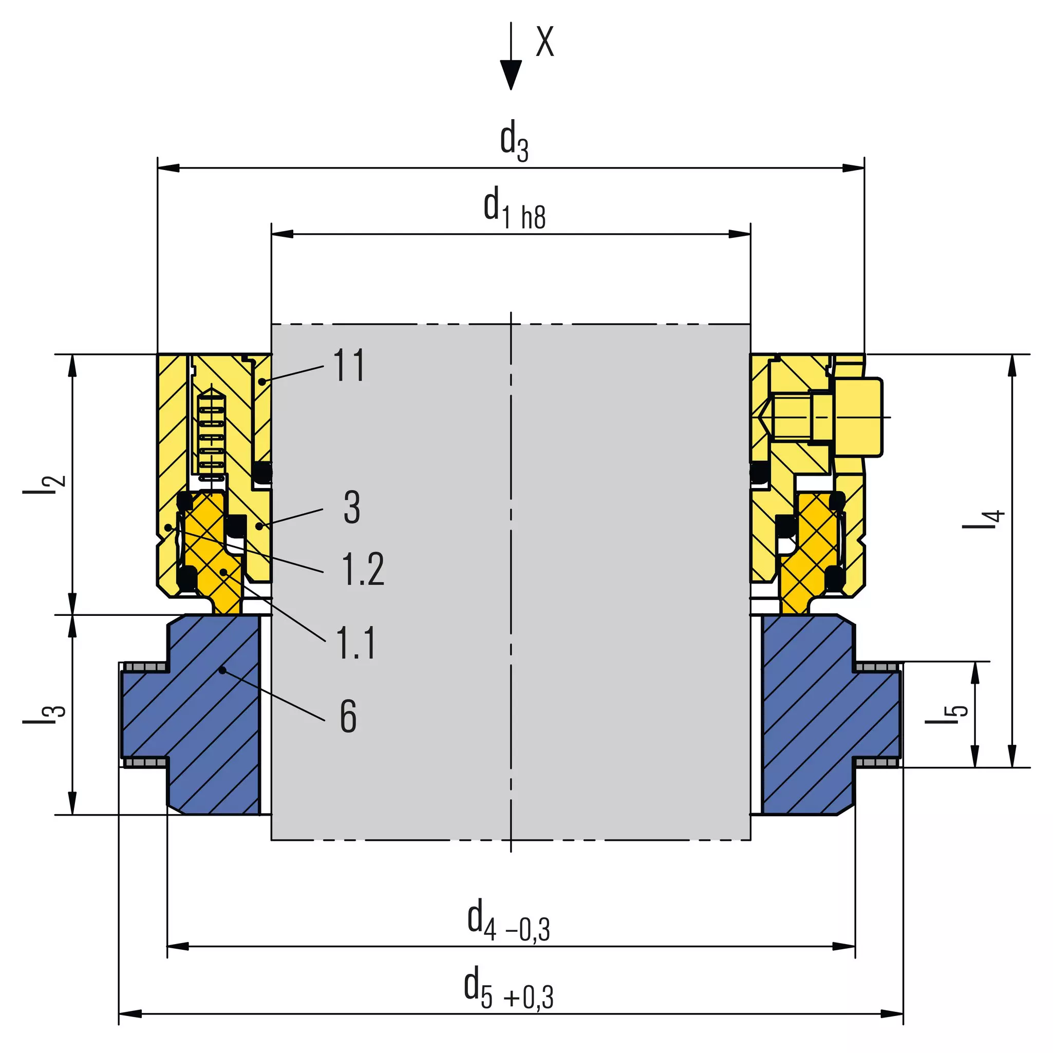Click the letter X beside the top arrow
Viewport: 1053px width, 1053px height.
pyautogui.click(x=544, y=42)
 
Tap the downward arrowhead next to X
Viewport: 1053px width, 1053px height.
pyautogui.click(x=511, y=75)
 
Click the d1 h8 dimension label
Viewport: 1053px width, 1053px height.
pyautogui.click(x=514, y=209)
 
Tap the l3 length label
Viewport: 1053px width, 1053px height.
pyautogui.click(x=44, y=714)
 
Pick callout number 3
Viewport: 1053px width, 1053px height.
pyautogui.click(x=352, y=507)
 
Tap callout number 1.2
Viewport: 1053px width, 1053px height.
pyautogui.click(x=363, y=569)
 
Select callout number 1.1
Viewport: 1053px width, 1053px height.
pyautogui.click(x=356, y=643)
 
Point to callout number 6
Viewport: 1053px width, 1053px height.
pyautogui.click(x=348, y=716)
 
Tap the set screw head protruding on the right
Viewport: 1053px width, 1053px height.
pyautogui.click(x=858, y=417)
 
